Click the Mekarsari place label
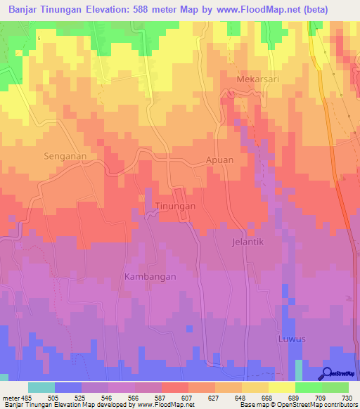[258, 79]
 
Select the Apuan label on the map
[219, 160]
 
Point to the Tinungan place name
[174, 207]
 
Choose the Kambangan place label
[150, 277]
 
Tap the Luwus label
[291, 339]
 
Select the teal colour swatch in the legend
[41, 387]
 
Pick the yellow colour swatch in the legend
[282, 387]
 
